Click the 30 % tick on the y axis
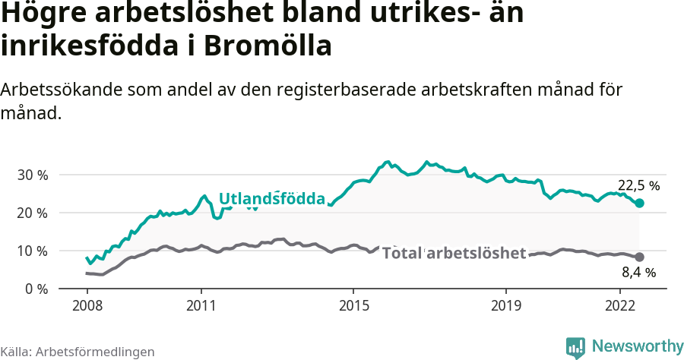click(x=33, y=175)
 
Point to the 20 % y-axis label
click(x=33, y=213)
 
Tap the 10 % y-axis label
click(x=33, y=251)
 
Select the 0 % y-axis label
click(x=36, y=289)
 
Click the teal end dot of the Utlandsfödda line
click(x=640, y=203)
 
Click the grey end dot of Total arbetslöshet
click(x=640, y=257)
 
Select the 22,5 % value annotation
click(x=638, y=185)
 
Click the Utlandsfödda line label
click(x=272, y=199)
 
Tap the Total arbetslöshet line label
click(x=454, y=253)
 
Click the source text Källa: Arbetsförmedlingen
click(x=78, y=352)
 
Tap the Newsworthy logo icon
click(x=575, y=347)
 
